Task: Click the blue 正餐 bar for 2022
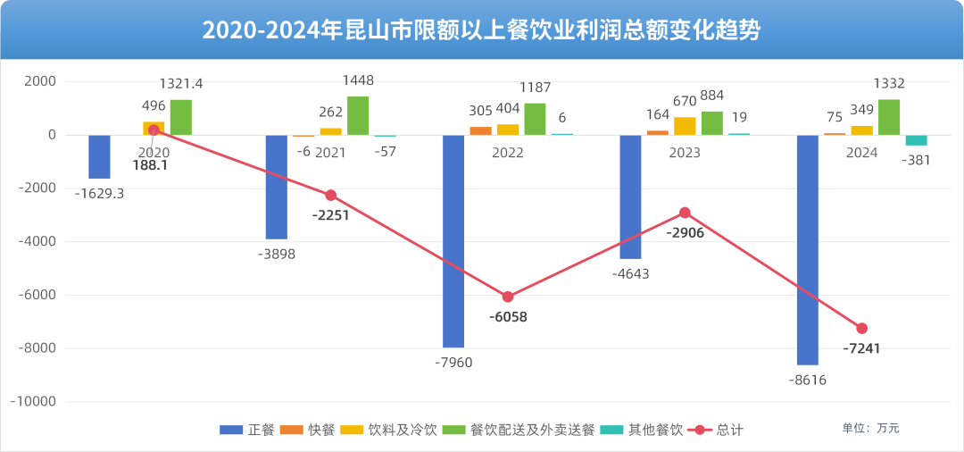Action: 453,241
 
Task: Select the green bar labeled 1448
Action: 358,116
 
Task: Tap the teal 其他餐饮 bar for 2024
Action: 916,140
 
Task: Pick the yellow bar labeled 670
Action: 685,126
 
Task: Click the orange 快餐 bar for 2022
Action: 480,130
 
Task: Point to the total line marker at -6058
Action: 508,297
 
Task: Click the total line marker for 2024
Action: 861,329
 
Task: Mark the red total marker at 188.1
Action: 154,130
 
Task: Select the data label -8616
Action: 809,380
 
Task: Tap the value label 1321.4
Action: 181,84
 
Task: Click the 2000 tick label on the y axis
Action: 39,81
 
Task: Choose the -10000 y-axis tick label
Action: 34,402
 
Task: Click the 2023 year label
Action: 685,153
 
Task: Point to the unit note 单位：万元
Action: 870,429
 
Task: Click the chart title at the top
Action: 482,30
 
